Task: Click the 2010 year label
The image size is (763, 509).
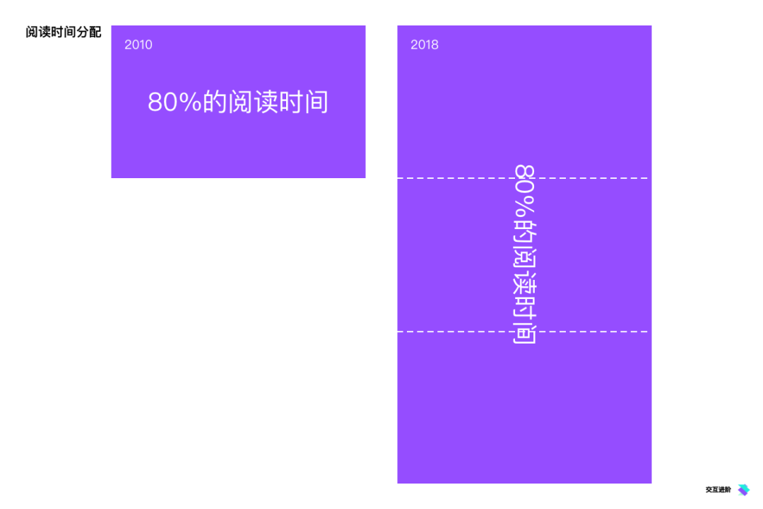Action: coord(138,45)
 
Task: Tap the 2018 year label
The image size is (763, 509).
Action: coord(425,45)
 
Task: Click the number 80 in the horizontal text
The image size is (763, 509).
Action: coord(161,103)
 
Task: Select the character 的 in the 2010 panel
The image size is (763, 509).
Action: coord(215,103)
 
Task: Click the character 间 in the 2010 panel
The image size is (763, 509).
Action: coord(317,103)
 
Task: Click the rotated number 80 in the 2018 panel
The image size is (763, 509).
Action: coord(525,177)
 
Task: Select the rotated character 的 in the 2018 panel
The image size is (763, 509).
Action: coord(525,230)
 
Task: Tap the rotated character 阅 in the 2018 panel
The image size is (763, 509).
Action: coord(525,257)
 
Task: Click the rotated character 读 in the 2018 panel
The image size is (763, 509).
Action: coord(525,283)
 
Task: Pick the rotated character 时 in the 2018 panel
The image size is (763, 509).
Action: coord(525,308)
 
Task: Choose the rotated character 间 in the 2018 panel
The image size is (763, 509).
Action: coord(525,334)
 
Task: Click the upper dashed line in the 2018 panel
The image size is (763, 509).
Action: coord(452,178)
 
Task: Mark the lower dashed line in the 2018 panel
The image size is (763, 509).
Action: coord(452,332)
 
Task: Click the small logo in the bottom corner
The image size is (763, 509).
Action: coord(743,489)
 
